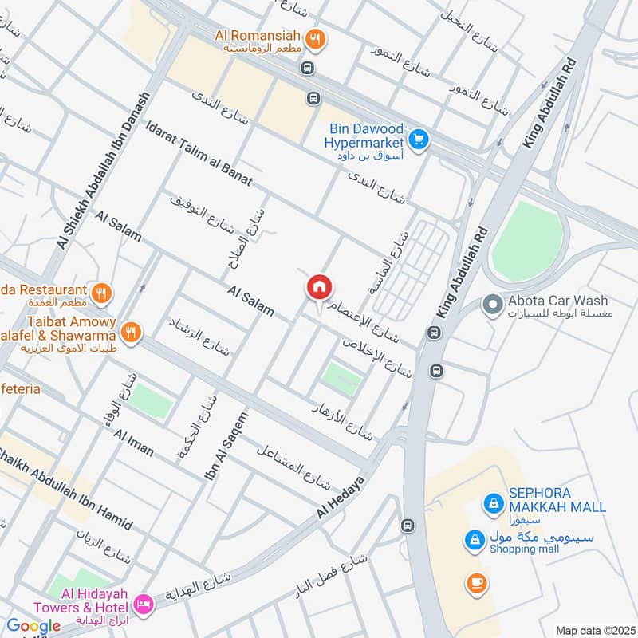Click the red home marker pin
320,288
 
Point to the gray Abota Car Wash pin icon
493,304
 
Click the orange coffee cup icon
476,584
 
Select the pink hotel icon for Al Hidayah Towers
144,604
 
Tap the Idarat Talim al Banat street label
199,152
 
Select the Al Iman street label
134,443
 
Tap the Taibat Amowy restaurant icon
132,330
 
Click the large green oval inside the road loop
526,240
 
